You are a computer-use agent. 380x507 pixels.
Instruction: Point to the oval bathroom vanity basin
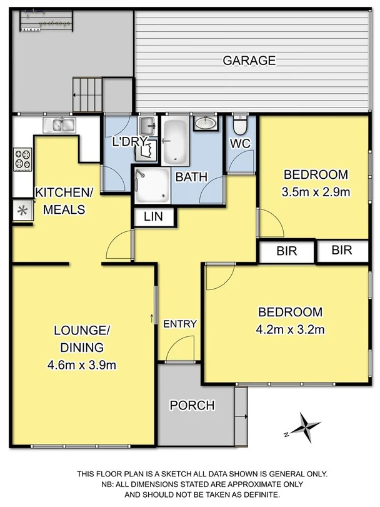204,123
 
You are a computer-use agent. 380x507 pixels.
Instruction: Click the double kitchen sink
59,125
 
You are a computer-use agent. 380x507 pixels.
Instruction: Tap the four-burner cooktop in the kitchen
22,158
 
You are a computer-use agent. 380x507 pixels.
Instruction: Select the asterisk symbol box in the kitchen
22,211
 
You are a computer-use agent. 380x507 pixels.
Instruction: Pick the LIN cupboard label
154,217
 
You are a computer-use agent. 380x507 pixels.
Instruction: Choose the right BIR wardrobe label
342,251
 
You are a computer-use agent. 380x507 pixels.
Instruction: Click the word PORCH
192,406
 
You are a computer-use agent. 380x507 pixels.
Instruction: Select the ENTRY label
180,324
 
